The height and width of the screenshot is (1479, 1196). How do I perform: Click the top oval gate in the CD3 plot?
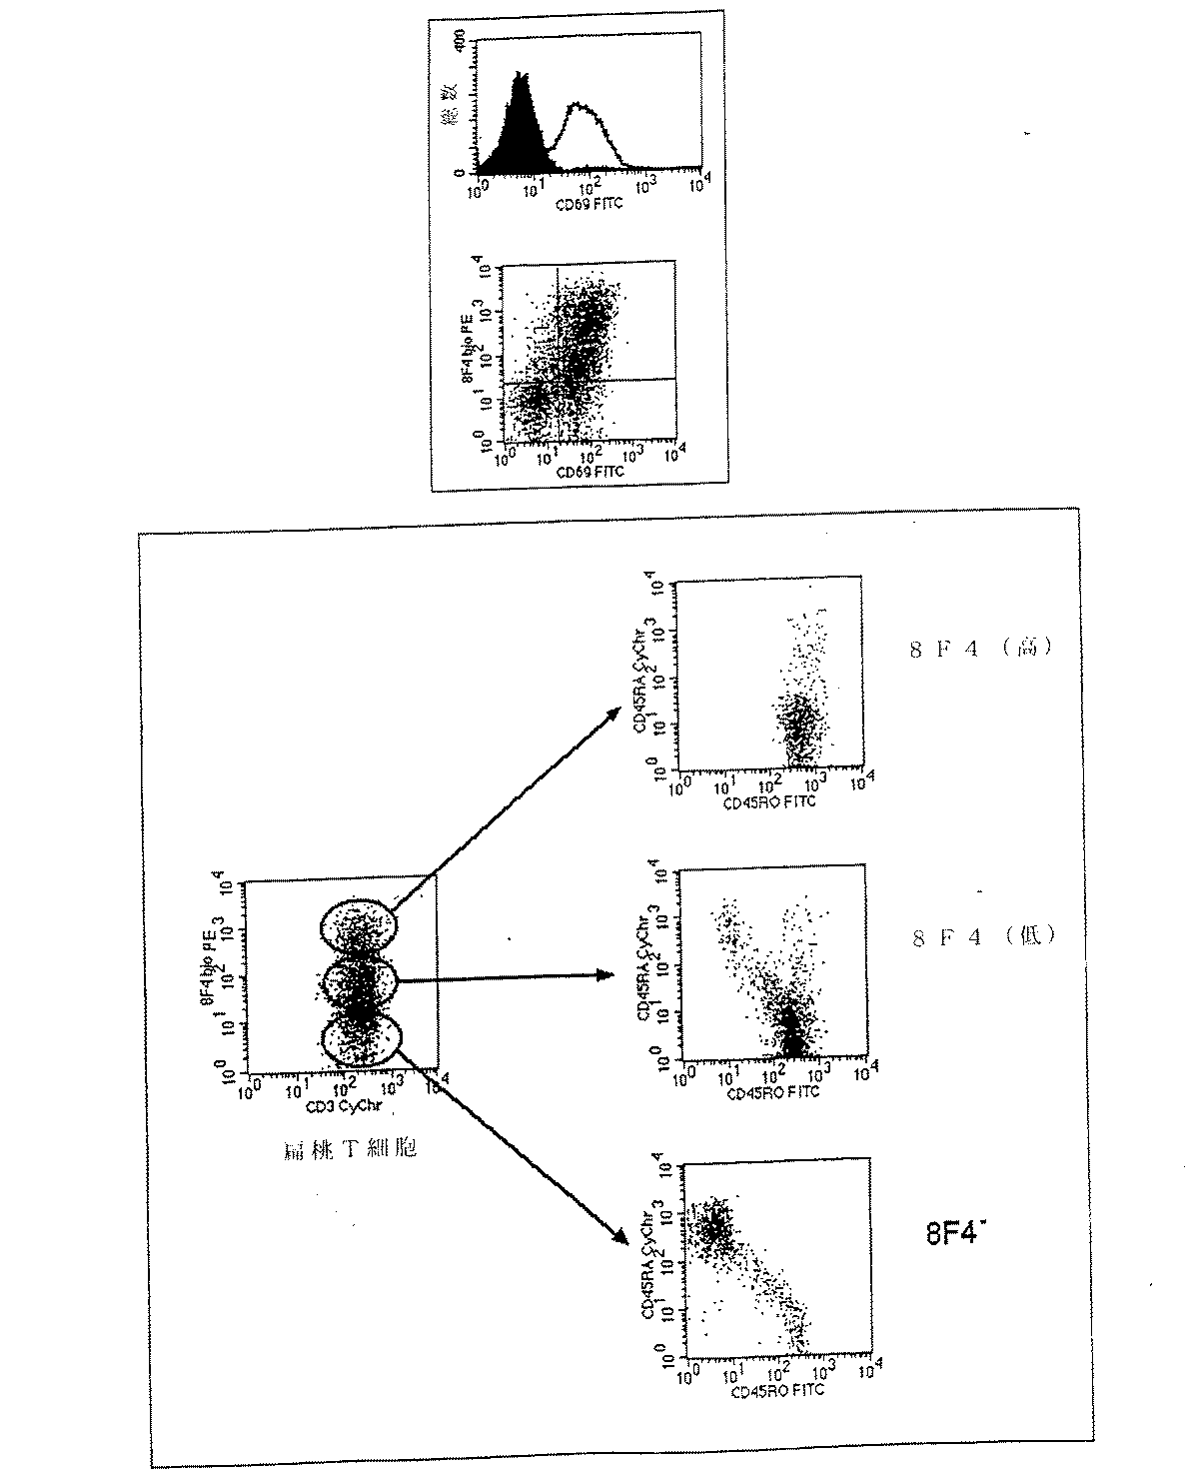357,924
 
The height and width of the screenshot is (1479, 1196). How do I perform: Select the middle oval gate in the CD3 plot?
359,983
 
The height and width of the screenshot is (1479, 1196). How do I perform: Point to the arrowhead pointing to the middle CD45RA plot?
604,975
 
